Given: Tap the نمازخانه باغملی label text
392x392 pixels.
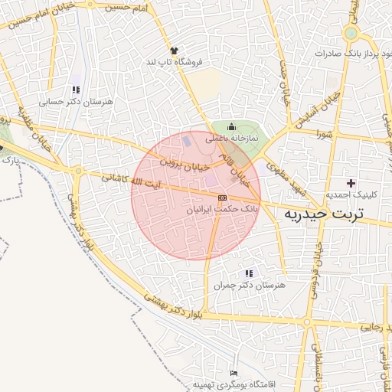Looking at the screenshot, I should (x=233, y=138).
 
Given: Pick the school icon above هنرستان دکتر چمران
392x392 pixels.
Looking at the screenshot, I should (x=248, y=273).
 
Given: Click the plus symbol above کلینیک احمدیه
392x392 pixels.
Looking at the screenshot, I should (x=351, y=183).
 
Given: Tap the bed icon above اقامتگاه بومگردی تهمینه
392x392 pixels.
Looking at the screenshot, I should (x=234, y=373).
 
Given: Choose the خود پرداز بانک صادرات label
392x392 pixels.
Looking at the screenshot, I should (x=353, y=54).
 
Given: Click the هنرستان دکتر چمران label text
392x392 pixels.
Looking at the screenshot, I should (x=249, y=285).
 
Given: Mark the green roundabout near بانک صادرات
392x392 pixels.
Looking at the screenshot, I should (x=351, y=34).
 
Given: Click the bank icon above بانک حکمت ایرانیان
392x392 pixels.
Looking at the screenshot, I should (x=222, y=198).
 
